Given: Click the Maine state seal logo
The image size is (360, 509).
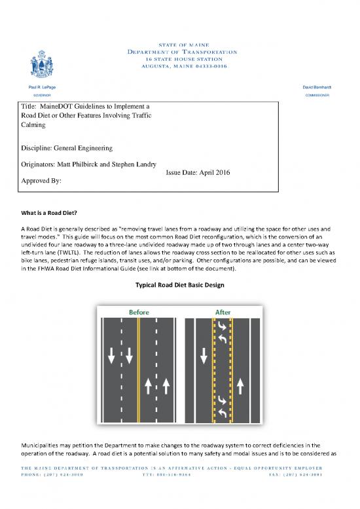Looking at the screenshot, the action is coord(42,64).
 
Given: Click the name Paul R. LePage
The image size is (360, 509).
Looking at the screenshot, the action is coord(42,87).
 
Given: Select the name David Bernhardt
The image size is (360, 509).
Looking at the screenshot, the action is coord(317,87).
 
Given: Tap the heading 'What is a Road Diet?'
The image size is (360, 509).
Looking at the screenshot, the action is coord(49,213).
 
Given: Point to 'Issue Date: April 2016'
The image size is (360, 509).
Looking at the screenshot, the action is coord(198,173).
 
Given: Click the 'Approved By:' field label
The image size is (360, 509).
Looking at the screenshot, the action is coord(41,181).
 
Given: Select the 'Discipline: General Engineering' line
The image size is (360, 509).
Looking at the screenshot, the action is coord(67,148).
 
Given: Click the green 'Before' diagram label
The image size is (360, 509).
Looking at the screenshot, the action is coord(139,312).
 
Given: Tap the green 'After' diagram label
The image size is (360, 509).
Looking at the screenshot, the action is coord(223,312).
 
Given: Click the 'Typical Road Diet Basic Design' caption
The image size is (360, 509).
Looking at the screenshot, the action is coord(180,285).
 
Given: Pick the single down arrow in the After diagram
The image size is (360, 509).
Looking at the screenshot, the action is coord(204,356).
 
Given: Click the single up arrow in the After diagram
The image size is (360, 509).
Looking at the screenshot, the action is coord(240,386).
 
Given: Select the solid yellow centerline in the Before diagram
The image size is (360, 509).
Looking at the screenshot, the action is coord(139,370).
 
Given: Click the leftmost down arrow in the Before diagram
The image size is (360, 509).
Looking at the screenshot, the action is coord(111,356).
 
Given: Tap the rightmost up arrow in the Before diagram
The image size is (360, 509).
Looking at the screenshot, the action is coord(166,386).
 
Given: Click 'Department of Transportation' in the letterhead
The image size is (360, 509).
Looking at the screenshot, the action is coord(182,52).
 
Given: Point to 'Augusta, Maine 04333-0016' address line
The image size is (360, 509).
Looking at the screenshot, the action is coord(184,66).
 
